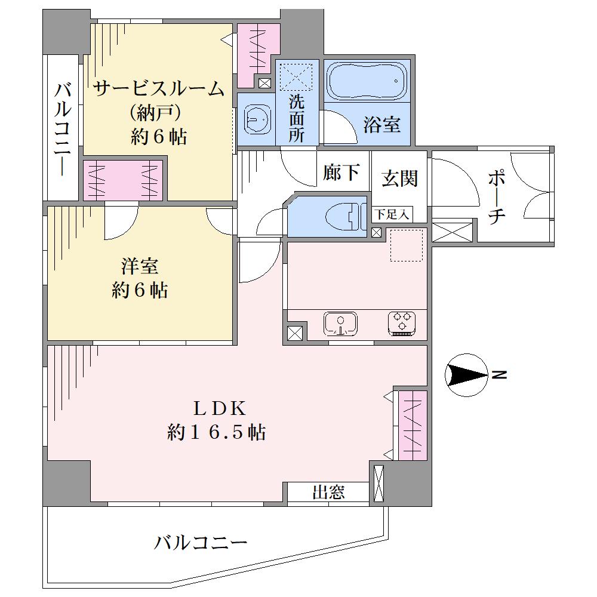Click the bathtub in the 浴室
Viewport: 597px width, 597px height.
[367, 81]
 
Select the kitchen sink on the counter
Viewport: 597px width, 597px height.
[340, 324]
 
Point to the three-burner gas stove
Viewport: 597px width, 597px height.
[402, 324]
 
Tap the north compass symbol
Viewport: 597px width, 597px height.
[466, 375]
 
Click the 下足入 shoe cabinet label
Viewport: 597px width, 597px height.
[392, 214]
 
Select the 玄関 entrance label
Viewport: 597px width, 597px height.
[399, 178]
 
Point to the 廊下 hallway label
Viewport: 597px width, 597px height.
[341, 172]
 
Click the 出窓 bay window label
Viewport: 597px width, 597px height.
[328, 493]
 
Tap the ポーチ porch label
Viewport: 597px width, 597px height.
[496, 197]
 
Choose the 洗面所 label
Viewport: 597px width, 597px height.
[296, 118]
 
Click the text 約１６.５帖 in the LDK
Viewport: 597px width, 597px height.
[216, 432]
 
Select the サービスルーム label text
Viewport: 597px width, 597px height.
[159, 89]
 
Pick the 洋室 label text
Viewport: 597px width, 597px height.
[140, 266]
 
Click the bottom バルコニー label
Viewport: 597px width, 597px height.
[201, 542]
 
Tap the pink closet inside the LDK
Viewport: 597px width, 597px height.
[413, 425]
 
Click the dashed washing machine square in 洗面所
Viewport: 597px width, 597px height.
[296, 76]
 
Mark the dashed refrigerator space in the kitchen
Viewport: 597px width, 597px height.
[407, 245]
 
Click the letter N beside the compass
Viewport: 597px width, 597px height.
[499, 375]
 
